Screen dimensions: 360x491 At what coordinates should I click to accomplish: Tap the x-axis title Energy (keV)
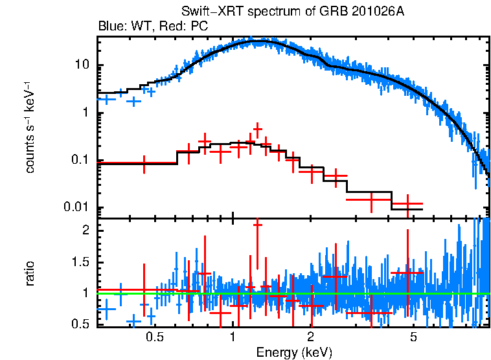[x=294, y=352]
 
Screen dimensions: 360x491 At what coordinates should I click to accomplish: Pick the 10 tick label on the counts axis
[x=82, y=66]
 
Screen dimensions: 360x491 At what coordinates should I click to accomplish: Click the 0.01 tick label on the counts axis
[x=76, y=208]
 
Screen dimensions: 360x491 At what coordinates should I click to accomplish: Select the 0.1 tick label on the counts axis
[x=79, y=161]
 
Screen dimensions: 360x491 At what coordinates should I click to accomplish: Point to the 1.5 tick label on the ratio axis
[x=80, y=262]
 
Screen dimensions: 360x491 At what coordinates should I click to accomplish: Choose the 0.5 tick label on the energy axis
[x=154, y=337]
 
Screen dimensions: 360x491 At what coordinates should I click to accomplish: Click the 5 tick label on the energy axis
[x=413, y=337]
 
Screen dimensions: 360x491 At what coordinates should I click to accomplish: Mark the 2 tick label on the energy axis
[x=311, y=337]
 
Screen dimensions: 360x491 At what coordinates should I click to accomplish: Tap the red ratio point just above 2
[x=257, y=223]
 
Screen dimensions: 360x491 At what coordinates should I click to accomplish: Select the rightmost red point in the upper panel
[x=407, y=204]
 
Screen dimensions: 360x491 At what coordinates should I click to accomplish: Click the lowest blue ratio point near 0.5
[x=134, y=321]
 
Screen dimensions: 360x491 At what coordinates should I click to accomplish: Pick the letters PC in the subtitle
[x=191, y=27]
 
